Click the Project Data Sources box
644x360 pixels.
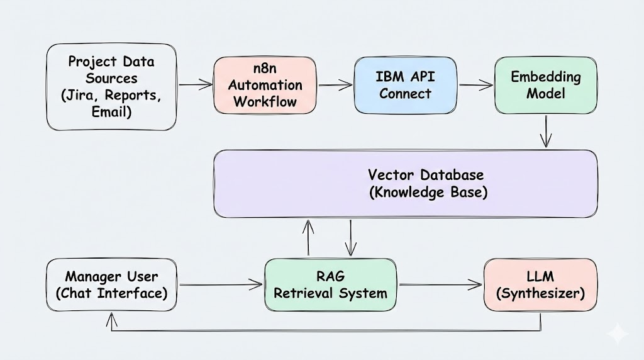(111, 87)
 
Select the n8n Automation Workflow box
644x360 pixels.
(264, 85)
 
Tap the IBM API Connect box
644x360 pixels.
(405, 85)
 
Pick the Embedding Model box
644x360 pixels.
(545, 85)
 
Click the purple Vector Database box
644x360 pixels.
(405, 183)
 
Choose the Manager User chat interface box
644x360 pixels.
(111, 285)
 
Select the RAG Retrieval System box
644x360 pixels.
(331, 285)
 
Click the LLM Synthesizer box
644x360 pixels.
(540, 285)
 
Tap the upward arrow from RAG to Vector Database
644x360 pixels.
(308, 238)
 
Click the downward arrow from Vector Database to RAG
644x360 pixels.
(350, 238)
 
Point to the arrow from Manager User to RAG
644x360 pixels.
(220, 285)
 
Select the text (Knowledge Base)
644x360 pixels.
(428, 193)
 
